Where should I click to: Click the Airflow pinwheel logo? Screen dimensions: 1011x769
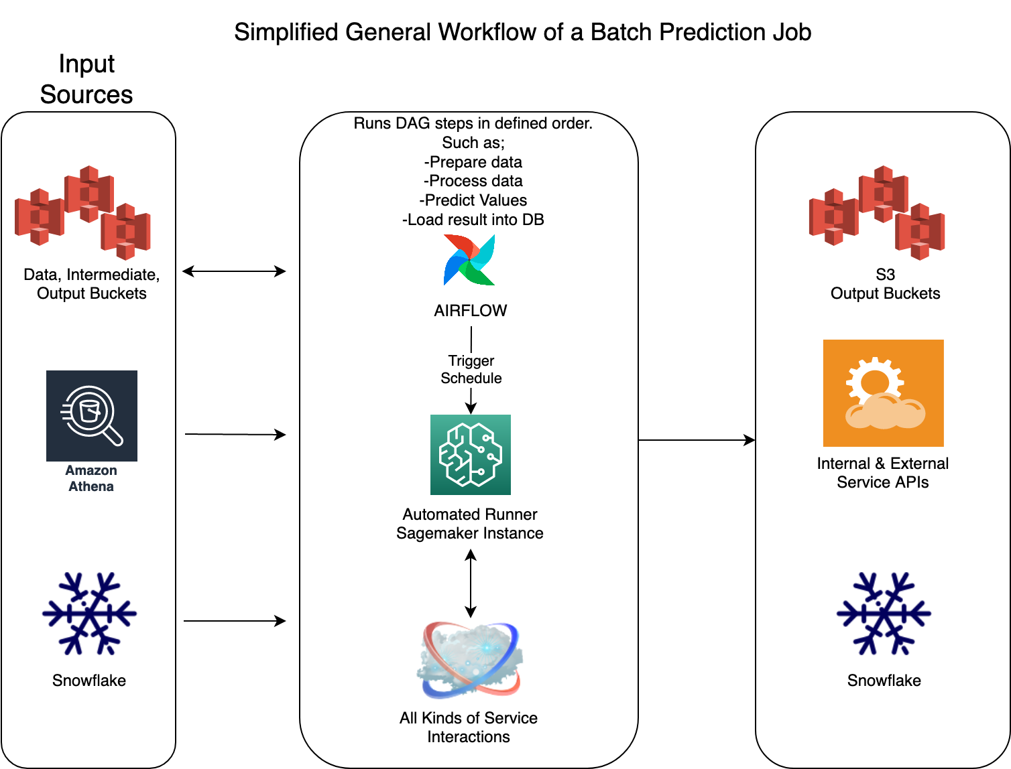(x=469, y=260)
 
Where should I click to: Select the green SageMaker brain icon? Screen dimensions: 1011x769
(x=471, y=455)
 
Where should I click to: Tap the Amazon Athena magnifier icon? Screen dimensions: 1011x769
(x=92, y=415)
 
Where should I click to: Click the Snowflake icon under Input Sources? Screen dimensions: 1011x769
(x=89, y=613)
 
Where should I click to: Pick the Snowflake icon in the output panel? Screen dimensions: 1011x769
(x=884, y=613)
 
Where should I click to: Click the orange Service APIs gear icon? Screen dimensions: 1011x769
(x=883, y=393)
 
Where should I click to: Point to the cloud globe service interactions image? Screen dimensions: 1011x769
(x=469, y=660)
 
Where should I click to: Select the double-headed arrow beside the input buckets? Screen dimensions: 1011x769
(x=234, y=271)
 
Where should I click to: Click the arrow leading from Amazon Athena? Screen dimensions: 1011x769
(x=235, y=435)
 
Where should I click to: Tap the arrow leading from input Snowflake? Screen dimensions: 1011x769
(x=235, y=621)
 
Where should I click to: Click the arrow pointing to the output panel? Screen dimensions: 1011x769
(x=697, y=440)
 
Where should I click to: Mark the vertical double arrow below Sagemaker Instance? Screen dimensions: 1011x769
(x=471, y=583)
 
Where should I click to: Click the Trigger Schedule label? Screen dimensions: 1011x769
(x=471, y=370)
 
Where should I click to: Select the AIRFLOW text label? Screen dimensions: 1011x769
(x=471, y=311)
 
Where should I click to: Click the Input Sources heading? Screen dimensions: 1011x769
(x=86, y=79)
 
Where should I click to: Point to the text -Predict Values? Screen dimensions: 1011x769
(x=473, y=200)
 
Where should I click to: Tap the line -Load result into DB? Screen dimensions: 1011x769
(x=473, y=220)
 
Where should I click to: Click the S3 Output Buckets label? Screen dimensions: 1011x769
(x=885, y=284)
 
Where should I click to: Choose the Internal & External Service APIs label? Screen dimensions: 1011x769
(x=883, y=473)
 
